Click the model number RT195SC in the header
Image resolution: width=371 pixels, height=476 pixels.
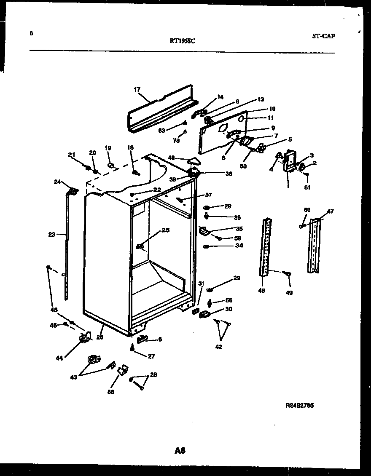click(182, 41)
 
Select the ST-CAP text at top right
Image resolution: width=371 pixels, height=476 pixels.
click(323, 36)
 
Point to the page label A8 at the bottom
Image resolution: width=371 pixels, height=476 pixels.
click(180, 451)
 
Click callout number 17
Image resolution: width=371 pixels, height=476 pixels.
click(137, 90)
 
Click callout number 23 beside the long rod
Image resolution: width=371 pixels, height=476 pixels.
click(51, 235)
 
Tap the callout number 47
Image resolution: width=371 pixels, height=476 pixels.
click(330, 211)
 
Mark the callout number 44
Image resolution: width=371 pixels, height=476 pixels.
click(59, 358)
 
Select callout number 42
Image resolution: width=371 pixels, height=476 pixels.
click(218, 347)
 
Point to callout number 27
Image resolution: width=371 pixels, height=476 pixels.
click(151, 356)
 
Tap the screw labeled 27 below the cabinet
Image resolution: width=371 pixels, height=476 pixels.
click(133, 347)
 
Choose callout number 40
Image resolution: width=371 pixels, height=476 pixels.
click(171, 158)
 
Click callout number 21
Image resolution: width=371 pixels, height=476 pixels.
click(71, 155)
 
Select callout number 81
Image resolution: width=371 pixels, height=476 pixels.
click(307, 187)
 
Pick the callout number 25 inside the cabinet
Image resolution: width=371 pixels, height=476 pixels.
click(165, 230)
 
